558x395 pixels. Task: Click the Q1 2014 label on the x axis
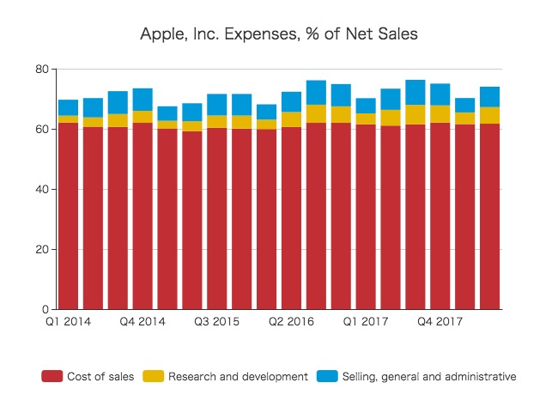69,322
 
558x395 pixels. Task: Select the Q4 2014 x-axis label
143,322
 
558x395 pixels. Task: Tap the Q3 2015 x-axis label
217,322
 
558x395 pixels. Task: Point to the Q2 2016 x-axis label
291,322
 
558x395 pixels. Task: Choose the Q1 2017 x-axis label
366,322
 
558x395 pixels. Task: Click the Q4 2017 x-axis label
440,322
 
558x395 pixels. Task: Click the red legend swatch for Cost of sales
52,376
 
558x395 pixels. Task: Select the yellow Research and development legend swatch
153,376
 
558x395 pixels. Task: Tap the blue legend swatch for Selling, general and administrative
327,376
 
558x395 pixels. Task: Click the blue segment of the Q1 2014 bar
69,107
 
